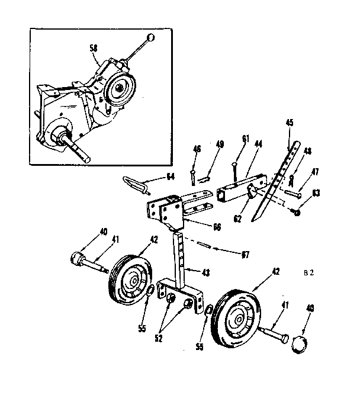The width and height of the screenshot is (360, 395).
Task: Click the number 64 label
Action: click(x=170, y=176)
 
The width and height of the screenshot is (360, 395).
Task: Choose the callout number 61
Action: click(x=245, y=139)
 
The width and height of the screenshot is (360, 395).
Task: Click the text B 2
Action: click(x=308, y=274)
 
